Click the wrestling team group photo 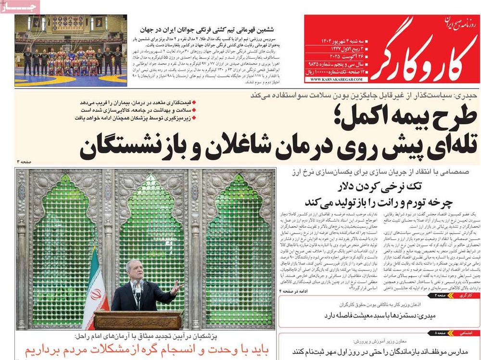tap(71, 50)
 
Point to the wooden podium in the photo tap(137, 320)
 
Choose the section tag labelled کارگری tap(464, 295)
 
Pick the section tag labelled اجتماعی tap(464, 333)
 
